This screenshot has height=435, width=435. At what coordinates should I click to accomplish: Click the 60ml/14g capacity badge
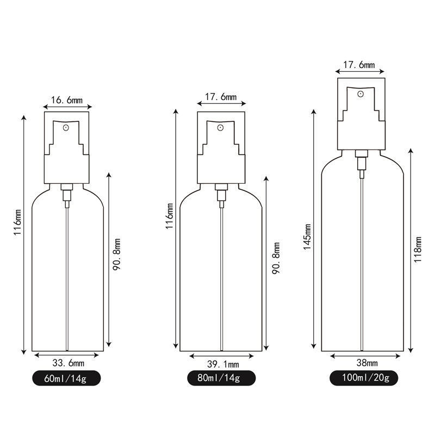(66, 378)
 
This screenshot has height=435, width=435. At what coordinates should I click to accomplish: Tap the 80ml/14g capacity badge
(221, 378)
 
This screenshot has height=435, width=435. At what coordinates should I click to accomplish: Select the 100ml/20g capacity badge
(364, 378)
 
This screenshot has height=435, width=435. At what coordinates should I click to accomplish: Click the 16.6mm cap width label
(67, 100)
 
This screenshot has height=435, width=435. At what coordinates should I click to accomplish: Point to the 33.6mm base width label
(68, 363)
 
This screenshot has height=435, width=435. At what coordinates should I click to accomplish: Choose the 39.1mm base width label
(223, 364)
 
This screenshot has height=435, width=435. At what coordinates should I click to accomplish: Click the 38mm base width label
(367, 363)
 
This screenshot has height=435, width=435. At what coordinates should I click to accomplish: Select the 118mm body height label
(417, 250)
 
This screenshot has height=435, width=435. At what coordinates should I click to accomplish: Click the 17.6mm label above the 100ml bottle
(359, 65)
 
